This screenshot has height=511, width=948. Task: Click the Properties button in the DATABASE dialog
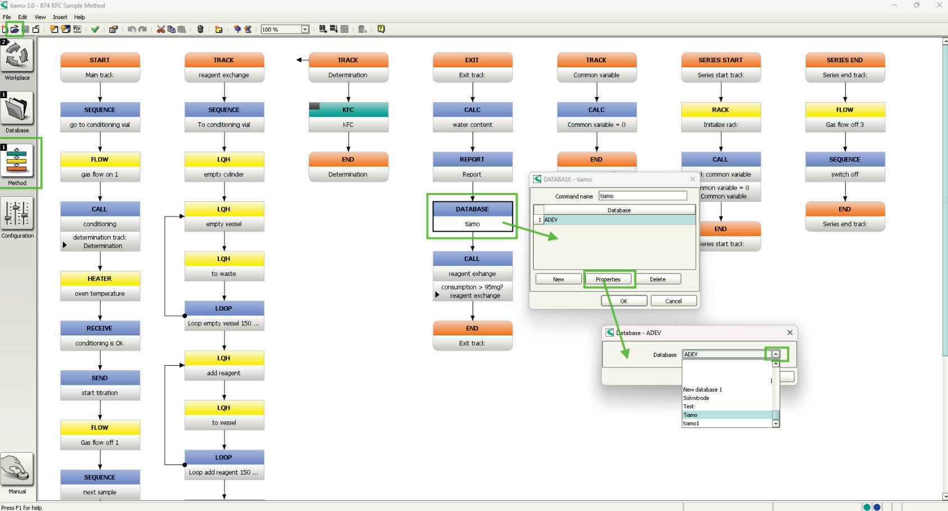click(608, 279)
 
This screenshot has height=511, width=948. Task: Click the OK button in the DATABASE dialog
click(624, 301)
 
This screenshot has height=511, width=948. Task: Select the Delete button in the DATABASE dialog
click(658, 279)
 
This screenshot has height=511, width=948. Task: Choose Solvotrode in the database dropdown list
click(696, 398)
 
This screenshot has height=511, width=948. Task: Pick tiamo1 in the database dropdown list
click(691, 423)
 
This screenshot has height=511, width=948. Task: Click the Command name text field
click(643, 196)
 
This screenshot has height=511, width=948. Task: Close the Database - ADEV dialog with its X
click(790, 333)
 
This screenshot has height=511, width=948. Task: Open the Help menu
click(80, 17)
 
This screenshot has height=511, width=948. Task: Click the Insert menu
click(60, 17)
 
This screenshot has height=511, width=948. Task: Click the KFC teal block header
click(349, 109)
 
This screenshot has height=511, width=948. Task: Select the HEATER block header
click(100, 278)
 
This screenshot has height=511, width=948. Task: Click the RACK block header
click(721, 109)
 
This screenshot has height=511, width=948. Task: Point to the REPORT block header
click(472, 159)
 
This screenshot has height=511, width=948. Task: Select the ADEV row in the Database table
click(619, 219)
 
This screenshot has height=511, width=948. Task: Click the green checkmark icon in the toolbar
click(95, 29)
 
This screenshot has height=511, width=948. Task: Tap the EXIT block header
click(472, 60)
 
